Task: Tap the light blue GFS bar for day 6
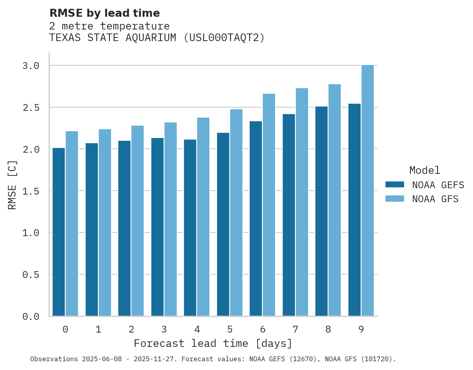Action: [x=269, y=205]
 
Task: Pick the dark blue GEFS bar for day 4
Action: [x=190, y=228]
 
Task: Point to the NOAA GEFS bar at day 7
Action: [x=289, y=215]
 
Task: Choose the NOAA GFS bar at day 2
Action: [x=137, y=221]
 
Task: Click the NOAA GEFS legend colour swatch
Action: [x=395, y=185]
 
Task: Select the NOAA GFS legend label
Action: [x=435, y=199]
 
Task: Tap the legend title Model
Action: [x=425, y=170]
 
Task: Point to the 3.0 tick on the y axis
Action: [x=31, y=66]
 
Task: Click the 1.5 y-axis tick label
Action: [x=31, y=191]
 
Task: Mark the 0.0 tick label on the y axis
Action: [x=31, y=317]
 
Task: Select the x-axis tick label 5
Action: [x=230, y=329]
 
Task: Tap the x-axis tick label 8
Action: [x=328, y=329]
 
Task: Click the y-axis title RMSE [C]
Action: [x=12, y=185]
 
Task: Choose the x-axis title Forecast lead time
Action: [x=213, y=343]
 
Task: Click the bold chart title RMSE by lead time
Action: [x=104, y=13]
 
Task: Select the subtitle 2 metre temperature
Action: [x=109, y=26]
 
